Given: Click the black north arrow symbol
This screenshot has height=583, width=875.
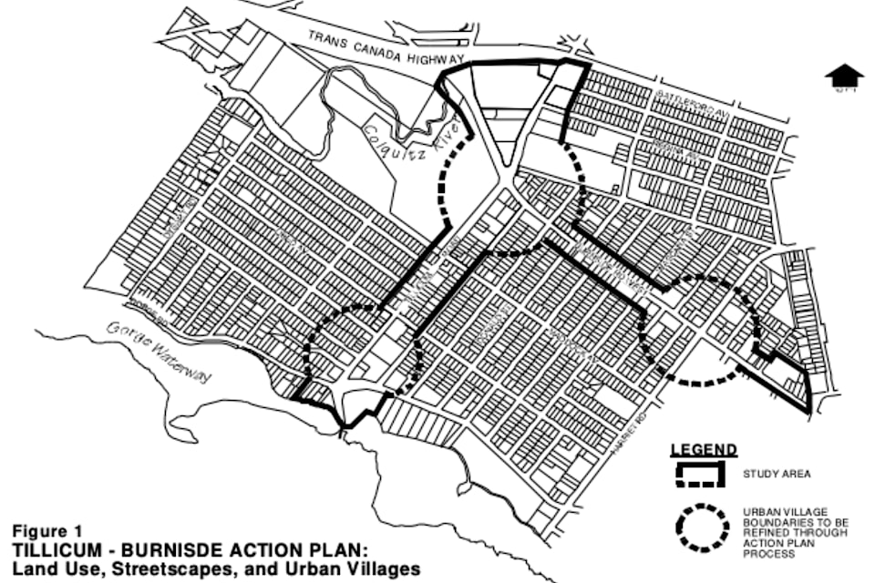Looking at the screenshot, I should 844,78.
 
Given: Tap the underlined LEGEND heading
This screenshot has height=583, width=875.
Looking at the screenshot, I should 704,450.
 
